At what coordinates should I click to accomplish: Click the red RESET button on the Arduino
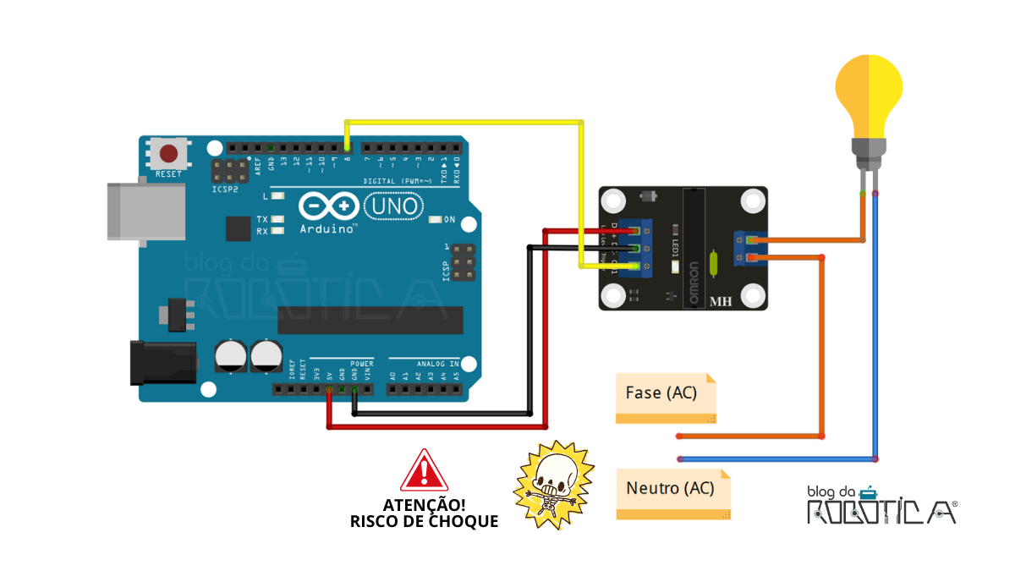pyautogui.click(x=169, y=153)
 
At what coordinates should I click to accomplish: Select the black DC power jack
pyautogui.click(x=162, y=361)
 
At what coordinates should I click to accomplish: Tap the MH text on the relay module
pyautogui.click(x=721, y=301)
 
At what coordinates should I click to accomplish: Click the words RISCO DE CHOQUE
pyautogui.click(x=424, y=521)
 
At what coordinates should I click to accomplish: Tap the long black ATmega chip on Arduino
pyautogui.click(x=370, y=320)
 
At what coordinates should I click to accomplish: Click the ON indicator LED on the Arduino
pyautogui.click(x=436, y=220)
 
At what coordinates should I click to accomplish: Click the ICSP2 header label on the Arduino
pyautogui.click(x=225, y=189)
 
